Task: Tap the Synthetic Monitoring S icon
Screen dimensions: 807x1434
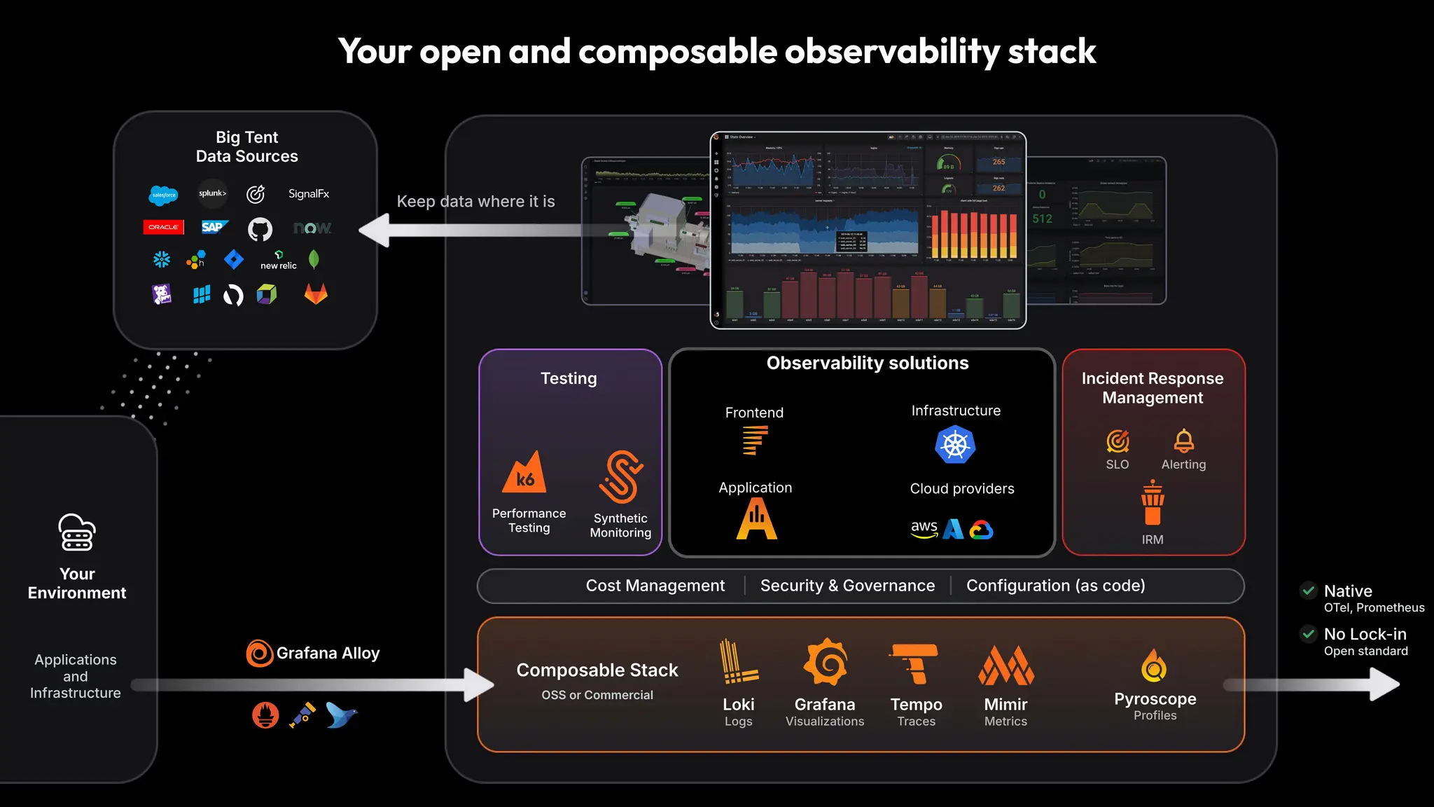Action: coord(621,477)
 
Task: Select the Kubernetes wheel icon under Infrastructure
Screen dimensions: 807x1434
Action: coord(955,444)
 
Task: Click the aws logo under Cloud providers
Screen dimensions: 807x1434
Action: coord(924,528)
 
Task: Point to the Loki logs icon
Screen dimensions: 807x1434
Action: coord(738,662)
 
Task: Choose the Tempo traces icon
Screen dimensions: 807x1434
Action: coord(914,663)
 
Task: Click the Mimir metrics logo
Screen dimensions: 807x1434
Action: coord(1005,665)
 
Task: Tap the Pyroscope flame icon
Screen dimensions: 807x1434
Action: coord(1154,665)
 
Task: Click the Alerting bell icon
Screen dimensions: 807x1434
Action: coord(1183,441)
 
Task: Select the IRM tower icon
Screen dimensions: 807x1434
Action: coord(1153,503)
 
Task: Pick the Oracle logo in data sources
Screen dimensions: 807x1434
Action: coord(163,227)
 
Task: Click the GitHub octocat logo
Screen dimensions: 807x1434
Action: coord(260,229)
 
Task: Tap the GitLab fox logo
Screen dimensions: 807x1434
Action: coord(316,294)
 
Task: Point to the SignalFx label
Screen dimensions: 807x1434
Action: coord(309,194)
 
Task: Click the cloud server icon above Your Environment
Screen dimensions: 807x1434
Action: coord(77,533)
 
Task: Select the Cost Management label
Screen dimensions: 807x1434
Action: coord(655,586)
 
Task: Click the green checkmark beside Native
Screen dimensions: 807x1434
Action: coord(1308,591)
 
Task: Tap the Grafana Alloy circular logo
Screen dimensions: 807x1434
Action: coord(260,654)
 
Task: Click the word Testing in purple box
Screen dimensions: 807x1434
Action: coord(569,378)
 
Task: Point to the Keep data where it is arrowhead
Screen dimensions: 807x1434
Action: coord(376,230)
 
